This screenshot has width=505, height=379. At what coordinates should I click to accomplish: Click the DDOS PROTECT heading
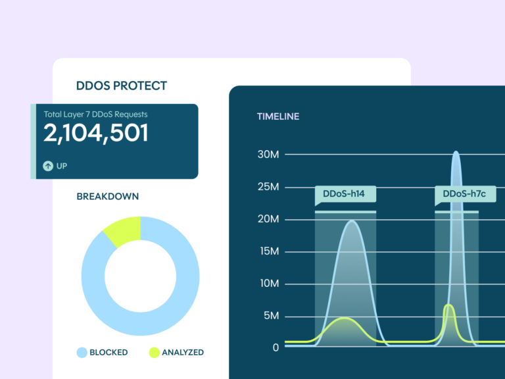[x=122, y=86]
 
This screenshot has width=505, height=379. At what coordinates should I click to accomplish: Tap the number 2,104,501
[x=96, y=134]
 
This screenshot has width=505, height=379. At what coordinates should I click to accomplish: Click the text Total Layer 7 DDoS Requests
[x=95, y=114]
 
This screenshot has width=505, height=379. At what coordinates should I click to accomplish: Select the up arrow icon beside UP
[x=48, y=166]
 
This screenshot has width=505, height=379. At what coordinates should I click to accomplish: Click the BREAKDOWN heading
[x=107, y=196]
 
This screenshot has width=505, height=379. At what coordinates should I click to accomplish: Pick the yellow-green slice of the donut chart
[x=123, y=230]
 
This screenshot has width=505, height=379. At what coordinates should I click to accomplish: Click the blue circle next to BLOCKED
[x=82, y=352]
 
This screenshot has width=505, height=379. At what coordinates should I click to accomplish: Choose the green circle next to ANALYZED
[x=154, y=352]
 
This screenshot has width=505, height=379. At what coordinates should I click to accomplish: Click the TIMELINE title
[x=277, y=116]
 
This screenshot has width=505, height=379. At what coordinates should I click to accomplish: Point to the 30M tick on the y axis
[x=268, y=155]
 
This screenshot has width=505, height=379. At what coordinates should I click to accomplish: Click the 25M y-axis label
[x=268, y=187]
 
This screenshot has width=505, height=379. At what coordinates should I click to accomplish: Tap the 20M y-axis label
[x=268, y=219]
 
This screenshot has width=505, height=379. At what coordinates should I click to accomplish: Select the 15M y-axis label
[x=268, y=251]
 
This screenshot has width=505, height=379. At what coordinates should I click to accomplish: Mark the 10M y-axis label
[x=268, y=284]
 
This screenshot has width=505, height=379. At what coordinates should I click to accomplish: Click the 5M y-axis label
[x=271, y=316]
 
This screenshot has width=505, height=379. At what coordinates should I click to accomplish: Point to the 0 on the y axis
[x=276, y=347]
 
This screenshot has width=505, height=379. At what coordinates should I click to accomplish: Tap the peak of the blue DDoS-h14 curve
[x=352, y=221]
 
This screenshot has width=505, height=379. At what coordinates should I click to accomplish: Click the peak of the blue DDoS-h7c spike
[x=456, y=153]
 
